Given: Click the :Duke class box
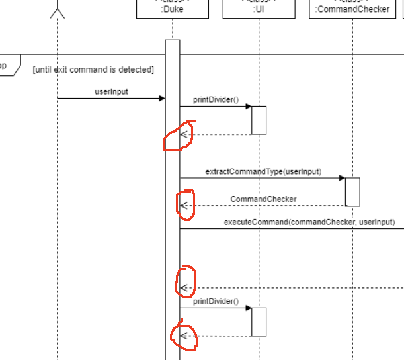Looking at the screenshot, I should (172, 9).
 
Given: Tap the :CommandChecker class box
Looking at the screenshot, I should (352, 9).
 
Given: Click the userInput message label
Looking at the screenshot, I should (112, 91).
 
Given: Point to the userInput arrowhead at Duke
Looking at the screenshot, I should (161, 99).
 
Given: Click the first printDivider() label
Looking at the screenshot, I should (216, 99).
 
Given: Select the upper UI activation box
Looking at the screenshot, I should (259, 120).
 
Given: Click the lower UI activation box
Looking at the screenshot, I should (259, 322).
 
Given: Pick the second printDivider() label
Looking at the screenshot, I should (216, 301).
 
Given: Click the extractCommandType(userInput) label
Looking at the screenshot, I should (263, 171).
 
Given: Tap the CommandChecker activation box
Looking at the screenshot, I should (352, 191).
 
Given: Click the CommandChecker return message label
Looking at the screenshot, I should (263, 199).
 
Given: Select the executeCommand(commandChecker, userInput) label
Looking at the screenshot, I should (309, 222).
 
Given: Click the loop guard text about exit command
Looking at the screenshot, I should (93, 69).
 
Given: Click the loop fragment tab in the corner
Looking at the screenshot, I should (8, 66).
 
